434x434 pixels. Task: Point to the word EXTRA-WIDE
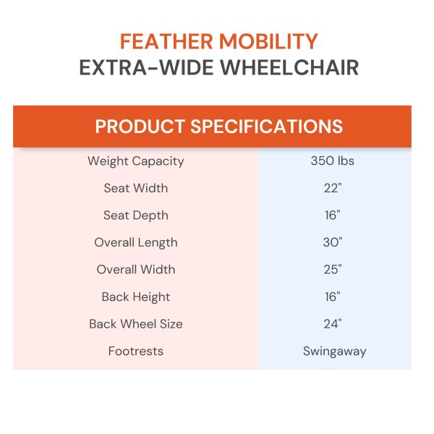(145, 69)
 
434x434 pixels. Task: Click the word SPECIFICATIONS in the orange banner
(267, 127)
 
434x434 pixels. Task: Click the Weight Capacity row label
(136, 161)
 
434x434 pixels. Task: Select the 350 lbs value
(332, 161)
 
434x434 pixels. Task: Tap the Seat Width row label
(136, 188)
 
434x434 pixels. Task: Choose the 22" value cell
(332, 188)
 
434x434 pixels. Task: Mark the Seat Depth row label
(136, 216)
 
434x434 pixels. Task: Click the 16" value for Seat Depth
(332, 216)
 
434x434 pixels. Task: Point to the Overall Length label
(136, 242)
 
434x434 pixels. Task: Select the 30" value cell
(332, 242)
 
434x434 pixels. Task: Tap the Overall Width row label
(136, 270)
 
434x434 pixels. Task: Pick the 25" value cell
(332, 270)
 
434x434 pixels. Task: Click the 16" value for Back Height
(332, 297)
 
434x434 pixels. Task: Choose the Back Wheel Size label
(136, 324)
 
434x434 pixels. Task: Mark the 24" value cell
(332, 324)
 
